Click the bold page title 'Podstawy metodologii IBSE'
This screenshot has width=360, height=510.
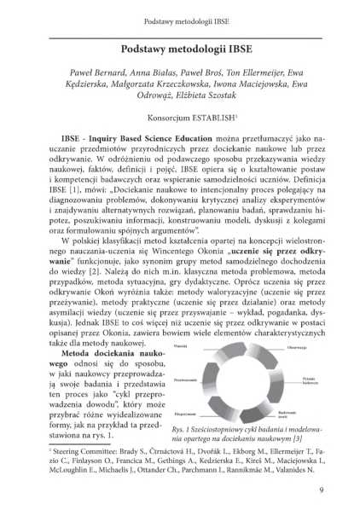(x=179, y=51)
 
